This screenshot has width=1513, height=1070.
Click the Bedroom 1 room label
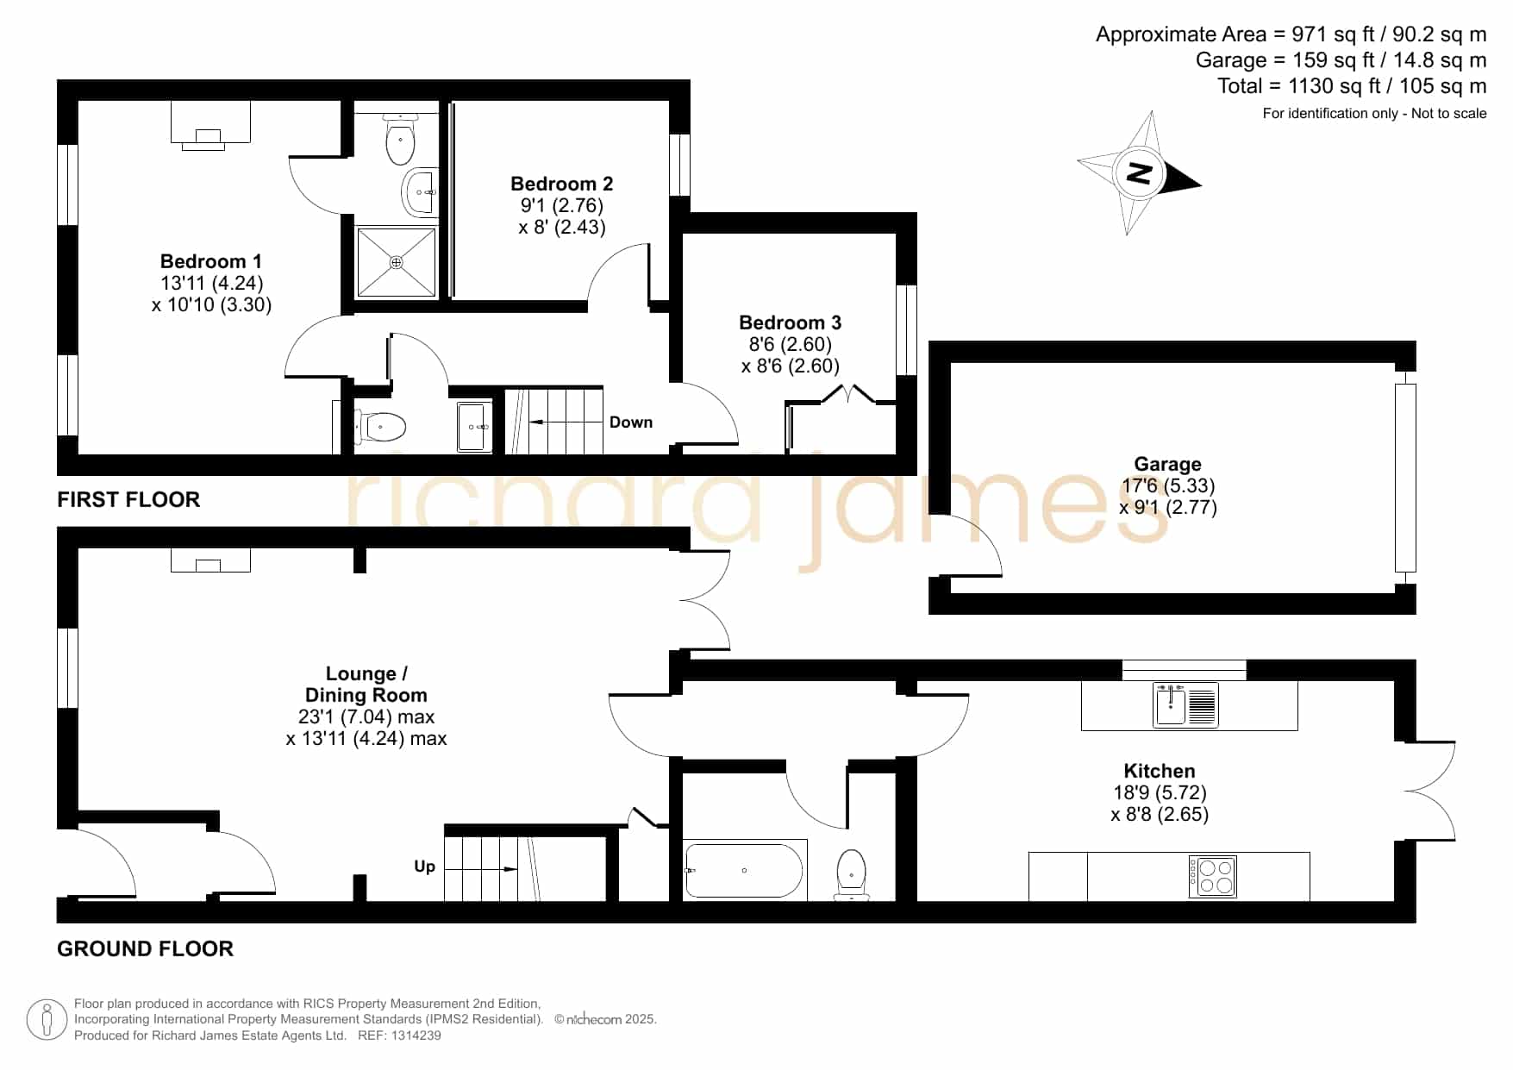pyautogui.click(x=210, y=261)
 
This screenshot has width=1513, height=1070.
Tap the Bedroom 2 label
pyautogui.click(x=561, y=184)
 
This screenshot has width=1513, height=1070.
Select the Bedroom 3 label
pyautogui.click(x=790, y=322)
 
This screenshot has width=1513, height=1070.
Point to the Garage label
pyautogui.click(x=1167, y=465)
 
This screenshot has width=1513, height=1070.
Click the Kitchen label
pyautogui.click(x=1159, y=771)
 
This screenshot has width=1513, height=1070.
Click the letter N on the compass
pyautogui.click(x=1140, y=173)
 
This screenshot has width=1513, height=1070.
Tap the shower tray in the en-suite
pyautogui.click(x=397, y=261)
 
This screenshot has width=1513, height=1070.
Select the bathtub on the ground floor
pyautogui.click(x=745, y=870)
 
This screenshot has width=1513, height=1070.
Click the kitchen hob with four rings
pyautogui.click(x=1212, y=876)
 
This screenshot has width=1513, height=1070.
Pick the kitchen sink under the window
pyautogui.click(x=1185, y=704)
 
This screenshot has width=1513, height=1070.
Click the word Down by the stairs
pyautogui.click(x=631, y=422)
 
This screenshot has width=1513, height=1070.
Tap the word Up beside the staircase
pyautogui.click(x=424, y=867)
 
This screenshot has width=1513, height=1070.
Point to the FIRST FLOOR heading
pyautogui.click(x=128, y=499)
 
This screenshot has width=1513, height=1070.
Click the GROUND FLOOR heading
pyautogui.click(x=145, y=948)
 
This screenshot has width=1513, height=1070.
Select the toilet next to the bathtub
pyautogui.click(x=851, y=873)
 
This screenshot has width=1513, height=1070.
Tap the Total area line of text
pyautogui.click(x=1352, y=86)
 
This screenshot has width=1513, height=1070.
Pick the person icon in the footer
pyautogui.click(x=47, y=1020)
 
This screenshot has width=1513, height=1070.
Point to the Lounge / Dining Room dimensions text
pyautogui.click(x=366, y=728)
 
